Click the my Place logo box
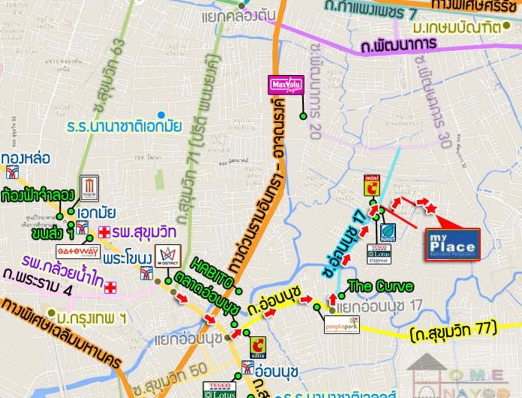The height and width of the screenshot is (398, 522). tap(452, 244)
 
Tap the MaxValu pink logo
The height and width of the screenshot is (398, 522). tap(285, 85)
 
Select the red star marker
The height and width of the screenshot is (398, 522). tap(431, 209)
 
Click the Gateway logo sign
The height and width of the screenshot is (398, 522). tap(78, 251)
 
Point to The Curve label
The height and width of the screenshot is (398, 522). tap(381, 286)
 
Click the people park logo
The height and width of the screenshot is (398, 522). tap(342, 324)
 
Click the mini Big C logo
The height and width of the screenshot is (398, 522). tap(372, 186)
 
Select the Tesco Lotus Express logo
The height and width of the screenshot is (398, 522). tap(378, 254)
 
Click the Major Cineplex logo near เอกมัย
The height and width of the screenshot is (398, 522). tap(89, 187)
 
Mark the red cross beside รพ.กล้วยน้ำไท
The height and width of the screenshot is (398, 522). tap(110, 287)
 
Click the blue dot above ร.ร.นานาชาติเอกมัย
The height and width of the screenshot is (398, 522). tap(161, 115)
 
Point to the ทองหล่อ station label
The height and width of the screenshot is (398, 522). tap(26, 157)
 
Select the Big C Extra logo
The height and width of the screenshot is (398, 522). tap(258, 347)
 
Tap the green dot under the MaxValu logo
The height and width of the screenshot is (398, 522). tap(303, 116)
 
